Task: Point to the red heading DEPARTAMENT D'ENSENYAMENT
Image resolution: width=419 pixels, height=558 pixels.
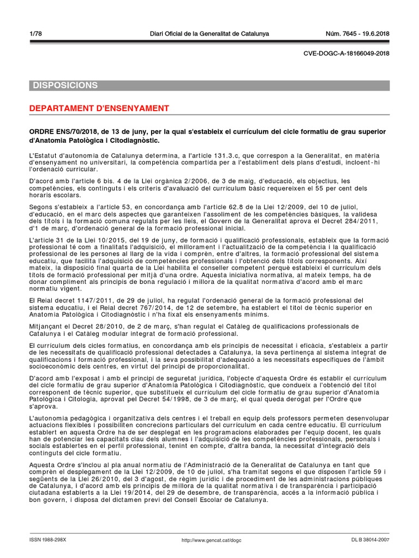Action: [x=99, y=108]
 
